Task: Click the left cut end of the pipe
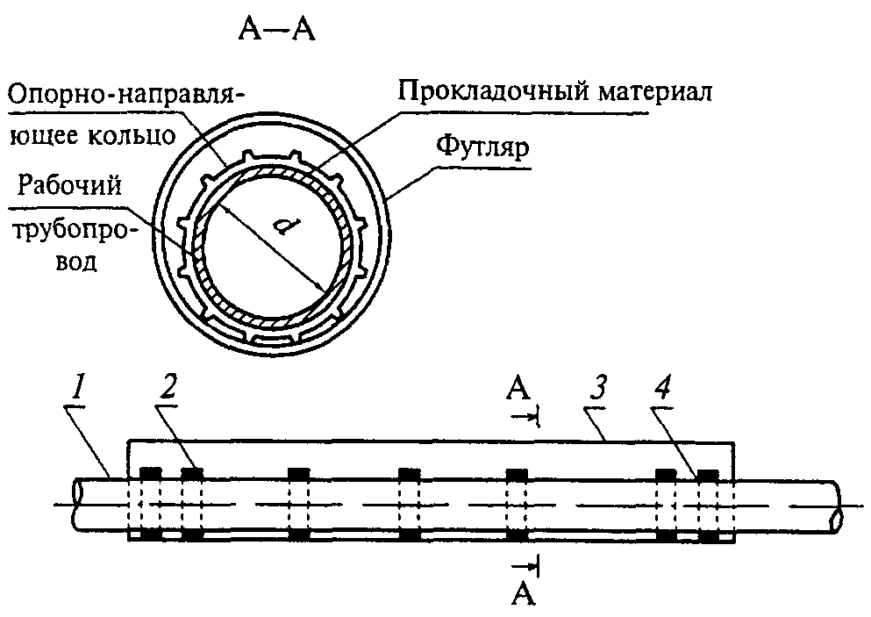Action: [x=75, y=506]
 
